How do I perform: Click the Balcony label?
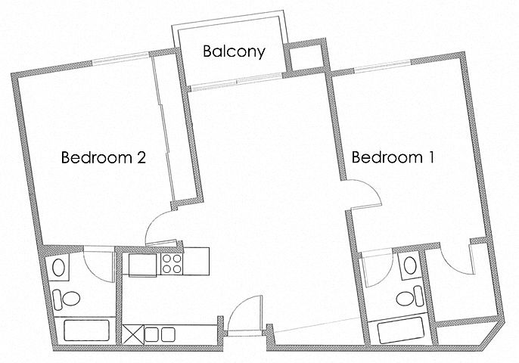(x=234, y=52)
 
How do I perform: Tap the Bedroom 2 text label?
(x=104, y=157)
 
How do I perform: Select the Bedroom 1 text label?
(x=393, y=157)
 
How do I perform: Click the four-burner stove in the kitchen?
(x=172, y=264)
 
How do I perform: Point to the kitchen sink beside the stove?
(x=142, y=265)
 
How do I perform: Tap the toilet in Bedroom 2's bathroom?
(x=67, y=299)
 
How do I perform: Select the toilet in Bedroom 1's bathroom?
(x=410, y=296)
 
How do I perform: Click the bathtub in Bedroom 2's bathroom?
(x=86, y=330)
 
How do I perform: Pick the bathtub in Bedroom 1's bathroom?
(x=401, y=330)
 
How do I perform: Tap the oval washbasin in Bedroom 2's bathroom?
(x=59, y=268)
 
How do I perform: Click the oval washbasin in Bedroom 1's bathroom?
(x=410, y=265)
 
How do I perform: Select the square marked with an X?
(x=133, y=334)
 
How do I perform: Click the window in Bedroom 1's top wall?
(x=383, y=65)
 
